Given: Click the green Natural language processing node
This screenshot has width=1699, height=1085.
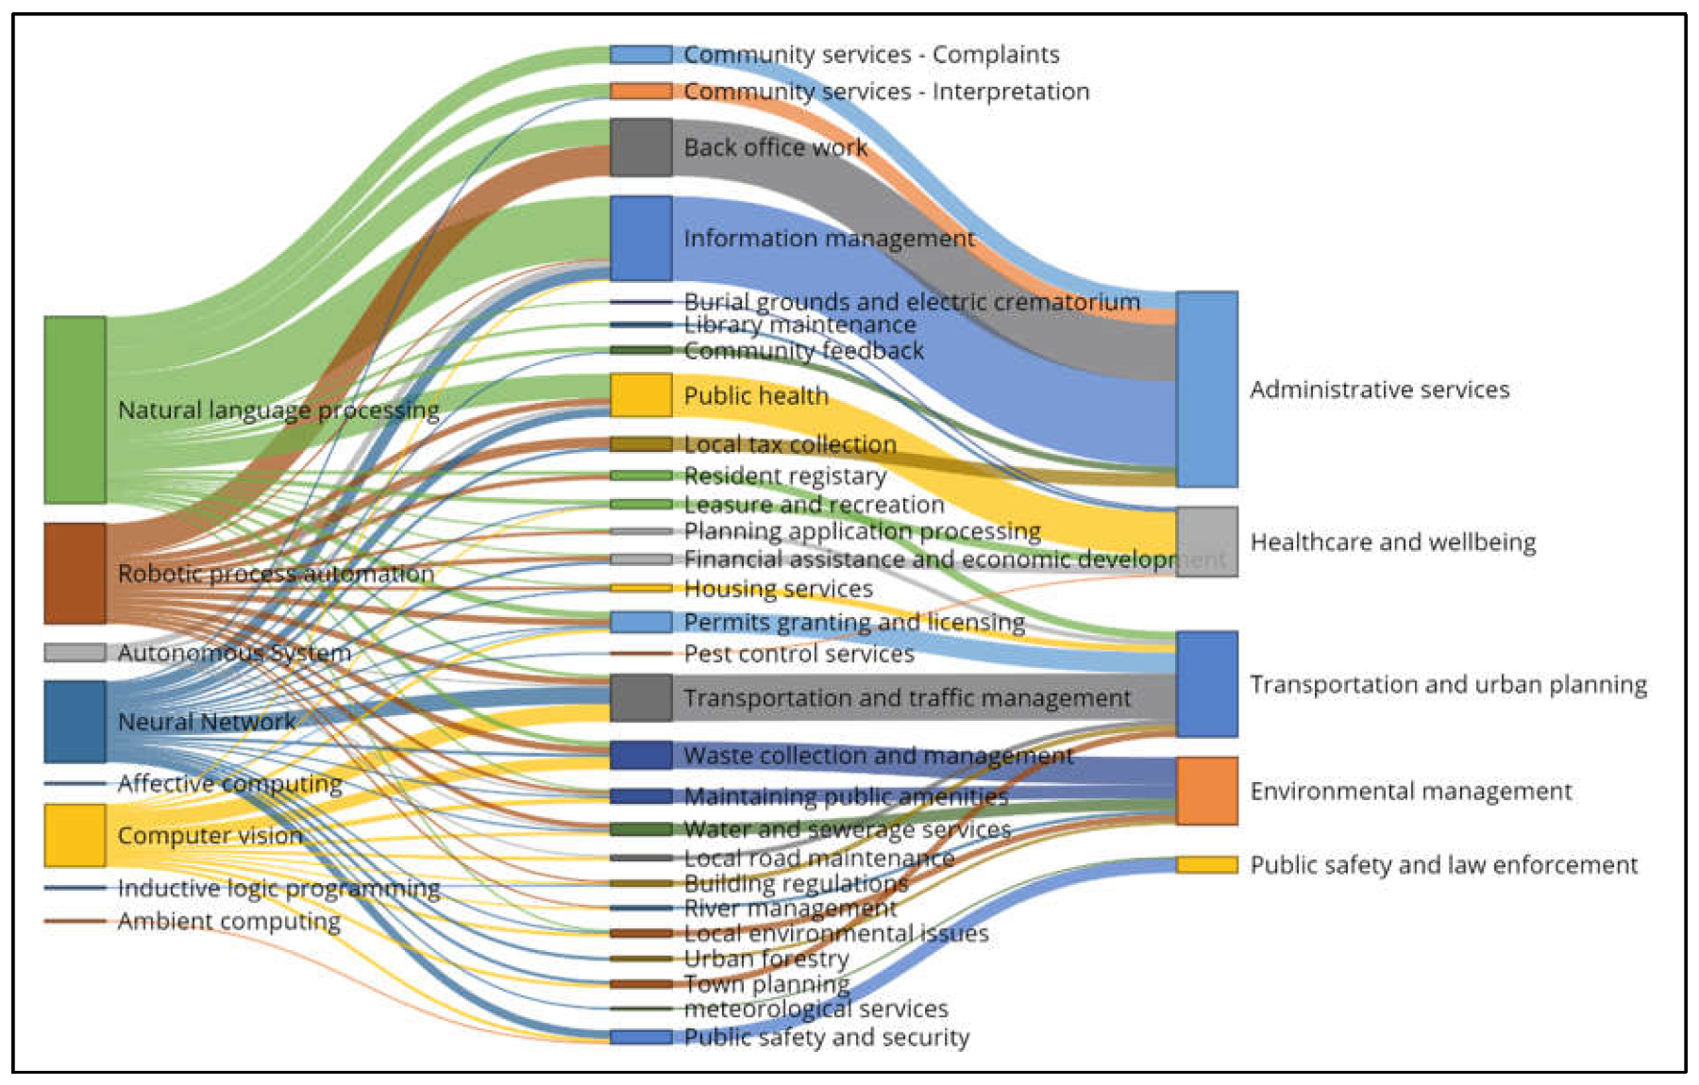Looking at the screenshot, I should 75,409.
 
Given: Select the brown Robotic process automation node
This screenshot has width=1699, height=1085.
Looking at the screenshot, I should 75,574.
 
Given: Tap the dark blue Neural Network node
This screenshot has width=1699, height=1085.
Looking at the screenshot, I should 75,722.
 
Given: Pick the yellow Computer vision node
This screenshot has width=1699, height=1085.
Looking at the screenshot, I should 75,835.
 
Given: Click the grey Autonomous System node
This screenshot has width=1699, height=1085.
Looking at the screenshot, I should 75,653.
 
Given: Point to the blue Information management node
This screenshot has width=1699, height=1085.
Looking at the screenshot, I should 641,239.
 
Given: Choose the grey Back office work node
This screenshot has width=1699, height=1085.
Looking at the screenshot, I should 641,147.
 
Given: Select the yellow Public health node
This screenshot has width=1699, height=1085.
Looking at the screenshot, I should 641,395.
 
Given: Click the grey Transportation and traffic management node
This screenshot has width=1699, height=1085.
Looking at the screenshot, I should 641,698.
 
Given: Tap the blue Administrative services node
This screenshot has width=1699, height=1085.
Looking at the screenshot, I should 1206,389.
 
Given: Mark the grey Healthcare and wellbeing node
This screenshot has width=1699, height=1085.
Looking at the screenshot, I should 1206,542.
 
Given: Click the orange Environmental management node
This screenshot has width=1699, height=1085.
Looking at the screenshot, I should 1206,791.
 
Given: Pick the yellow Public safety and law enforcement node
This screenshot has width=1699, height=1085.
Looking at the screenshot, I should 1206,864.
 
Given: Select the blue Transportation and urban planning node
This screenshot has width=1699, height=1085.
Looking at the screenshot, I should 1206,684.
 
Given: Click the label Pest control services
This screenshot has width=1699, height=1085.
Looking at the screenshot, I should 799,654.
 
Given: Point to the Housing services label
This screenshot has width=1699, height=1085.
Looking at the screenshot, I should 778,589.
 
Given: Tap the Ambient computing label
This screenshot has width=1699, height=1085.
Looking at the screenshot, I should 228,921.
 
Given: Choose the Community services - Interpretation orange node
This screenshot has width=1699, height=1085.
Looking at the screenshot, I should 641,92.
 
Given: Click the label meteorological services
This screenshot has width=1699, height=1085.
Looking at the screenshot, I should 816,1009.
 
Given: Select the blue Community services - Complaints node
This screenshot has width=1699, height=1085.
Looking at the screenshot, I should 641,55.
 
